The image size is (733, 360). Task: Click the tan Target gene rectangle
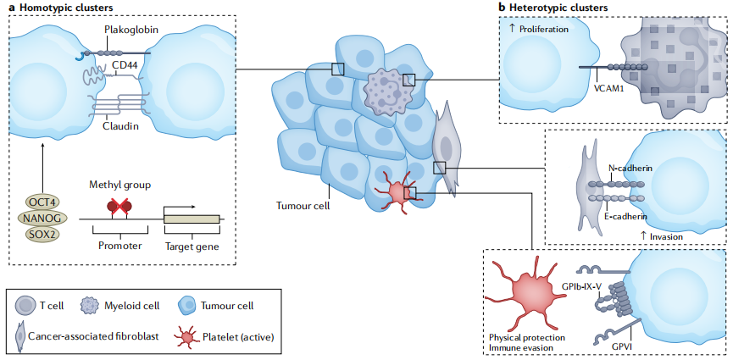click(x=192, y=219)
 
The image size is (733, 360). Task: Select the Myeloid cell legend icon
click(x=89, y=305)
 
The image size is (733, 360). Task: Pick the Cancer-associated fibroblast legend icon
click(x=19, y=337)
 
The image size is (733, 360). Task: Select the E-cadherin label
click(x=630, y=218)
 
